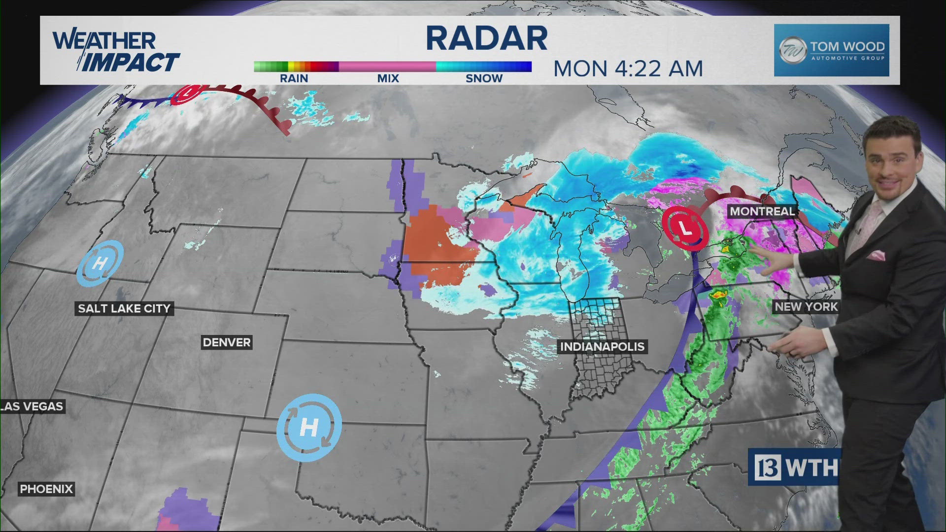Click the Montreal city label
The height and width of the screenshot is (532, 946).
point(762,211)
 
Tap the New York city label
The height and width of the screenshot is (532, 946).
point(806,306)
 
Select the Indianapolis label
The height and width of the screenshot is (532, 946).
point(602,346)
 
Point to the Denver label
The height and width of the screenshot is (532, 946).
point(227,342)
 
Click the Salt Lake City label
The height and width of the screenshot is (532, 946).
point(124,308)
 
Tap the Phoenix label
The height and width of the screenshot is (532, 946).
point(46,489)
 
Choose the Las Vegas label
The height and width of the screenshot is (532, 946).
point(33,406)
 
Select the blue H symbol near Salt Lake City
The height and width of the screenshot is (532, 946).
point(100,263)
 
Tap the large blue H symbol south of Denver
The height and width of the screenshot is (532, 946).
point(309,427)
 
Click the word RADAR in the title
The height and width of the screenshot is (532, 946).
point(486,38)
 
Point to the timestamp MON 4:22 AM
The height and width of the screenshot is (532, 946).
point(628,69)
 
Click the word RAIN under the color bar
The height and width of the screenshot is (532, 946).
point(294,78)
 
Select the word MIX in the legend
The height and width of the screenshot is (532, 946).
point(388,78)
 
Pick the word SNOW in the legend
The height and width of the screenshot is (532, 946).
point(484,78)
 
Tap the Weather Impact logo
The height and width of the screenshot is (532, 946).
point(116,51)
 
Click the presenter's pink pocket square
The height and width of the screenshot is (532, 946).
point(877,255)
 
